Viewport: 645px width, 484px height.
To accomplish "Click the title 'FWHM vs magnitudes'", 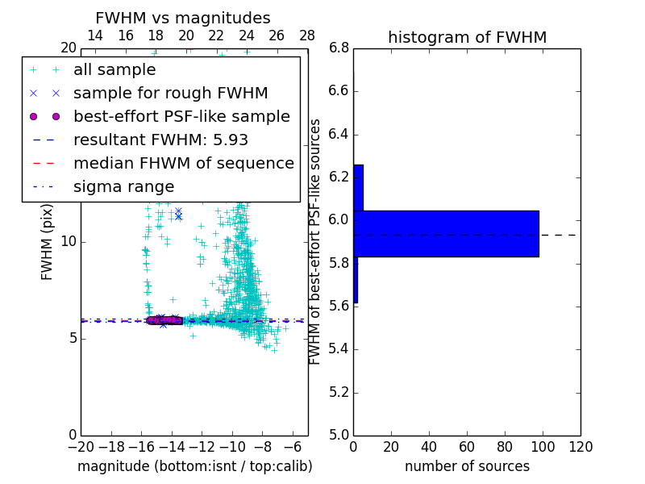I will coord(183,18).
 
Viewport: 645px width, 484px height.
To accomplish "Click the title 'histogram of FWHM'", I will coord(467,37).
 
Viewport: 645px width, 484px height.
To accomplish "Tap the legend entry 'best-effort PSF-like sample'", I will coord(181,116).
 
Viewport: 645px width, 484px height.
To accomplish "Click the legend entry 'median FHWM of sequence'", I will coord(183,163).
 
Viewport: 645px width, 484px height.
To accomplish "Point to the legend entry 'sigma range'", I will coord(123,187).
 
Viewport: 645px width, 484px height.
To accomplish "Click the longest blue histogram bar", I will coord(446,234).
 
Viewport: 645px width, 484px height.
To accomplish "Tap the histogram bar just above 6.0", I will coord(358,188).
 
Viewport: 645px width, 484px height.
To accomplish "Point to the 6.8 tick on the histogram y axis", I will coord(339,48).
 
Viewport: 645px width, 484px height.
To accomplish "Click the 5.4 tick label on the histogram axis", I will coord(339,349).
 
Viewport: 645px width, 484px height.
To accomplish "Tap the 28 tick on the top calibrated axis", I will coord(307,35).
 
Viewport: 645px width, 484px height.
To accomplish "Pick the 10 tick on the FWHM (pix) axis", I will coord(69,241).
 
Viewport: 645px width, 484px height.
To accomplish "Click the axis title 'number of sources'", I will coord(467,466).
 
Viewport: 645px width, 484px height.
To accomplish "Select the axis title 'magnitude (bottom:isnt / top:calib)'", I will coord(194,466).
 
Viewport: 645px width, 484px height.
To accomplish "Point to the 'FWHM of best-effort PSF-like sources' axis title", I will coord(315,241).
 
